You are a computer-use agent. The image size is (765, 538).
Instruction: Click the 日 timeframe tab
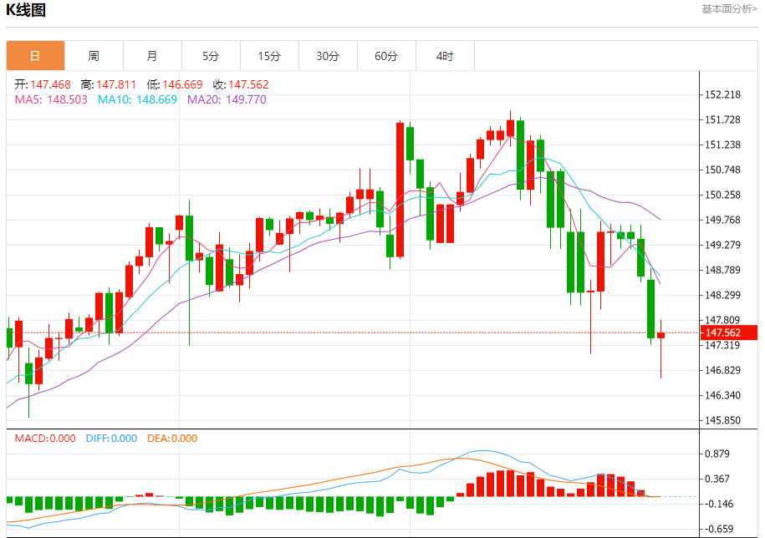pyautogui.click(x=35, y=56)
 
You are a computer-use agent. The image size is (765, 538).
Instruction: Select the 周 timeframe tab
pyautogui.click(x=94, y=56)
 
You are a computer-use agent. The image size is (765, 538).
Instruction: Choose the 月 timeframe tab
pyautogui.click(x=151, y=56)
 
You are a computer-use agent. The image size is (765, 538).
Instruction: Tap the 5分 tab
pyautogui.click(x=211, y=56)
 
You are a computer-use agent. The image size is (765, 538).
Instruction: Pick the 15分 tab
pyautogui.click(x=269, y=56)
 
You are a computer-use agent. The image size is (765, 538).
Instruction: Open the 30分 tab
pyautogui.click(x=328, y=56)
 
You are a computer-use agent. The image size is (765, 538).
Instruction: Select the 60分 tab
pyautogui.click(x=386, y=56)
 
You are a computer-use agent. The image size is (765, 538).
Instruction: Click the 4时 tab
pyautogui.click(x=445, y=56)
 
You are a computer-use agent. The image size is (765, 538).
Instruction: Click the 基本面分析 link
pyautogui.click(x=729, y=9)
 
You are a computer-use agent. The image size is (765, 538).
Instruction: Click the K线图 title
pyautogui.click(x=27, y=11)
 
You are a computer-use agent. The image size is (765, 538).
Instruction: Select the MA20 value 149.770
pyautogui.click(x=246, y=99)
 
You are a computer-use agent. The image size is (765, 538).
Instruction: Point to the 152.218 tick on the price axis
pyautogui.click(x=723, y=94)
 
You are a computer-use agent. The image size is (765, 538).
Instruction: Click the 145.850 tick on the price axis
pyautogui.click(x=723, y=420)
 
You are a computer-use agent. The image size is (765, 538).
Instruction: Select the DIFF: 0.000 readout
pyautogui.click(x=111, y=439)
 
